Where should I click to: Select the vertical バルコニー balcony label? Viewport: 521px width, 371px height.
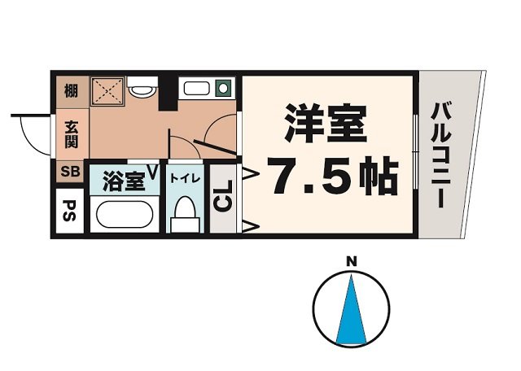click(x=441, y=155)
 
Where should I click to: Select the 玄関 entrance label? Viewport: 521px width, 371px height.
click(x=71, y=135)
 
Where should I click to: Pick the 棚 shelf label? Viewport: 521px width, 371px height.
click(x=71, y=91)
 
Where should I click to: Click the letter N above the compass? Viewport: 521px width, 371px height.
click(x=352, y=261)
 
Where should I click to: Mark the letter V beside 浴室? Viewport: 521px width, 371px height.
click(x=151, y=172)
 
